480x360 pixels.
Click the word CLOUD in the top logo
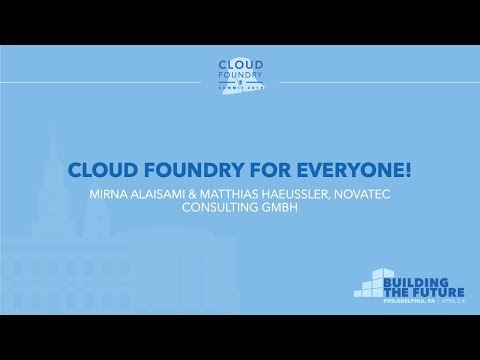pyautogui.click(x=239, y=64)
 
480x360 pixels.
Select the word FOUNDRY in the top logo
pyautogui.click(x=239, y=76)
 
